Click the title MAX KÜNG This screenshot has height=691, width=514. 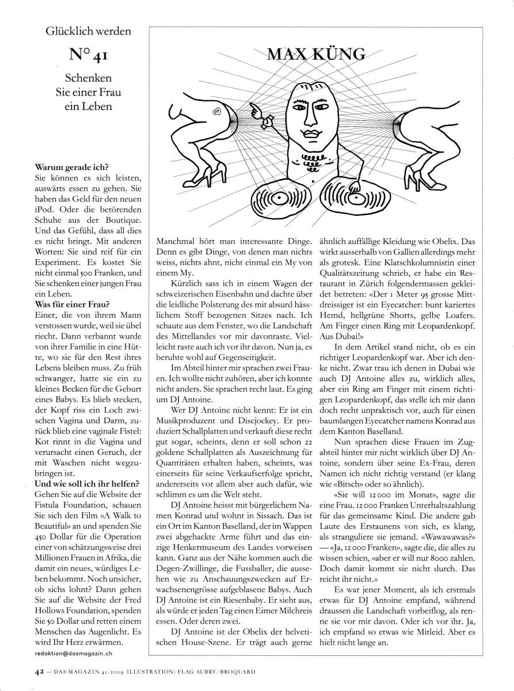pos(316,55)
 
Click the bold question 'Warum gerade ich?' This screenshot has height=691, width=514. pos(67,168)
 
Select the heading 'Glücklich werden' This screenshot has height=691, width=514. pos(89,31)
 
